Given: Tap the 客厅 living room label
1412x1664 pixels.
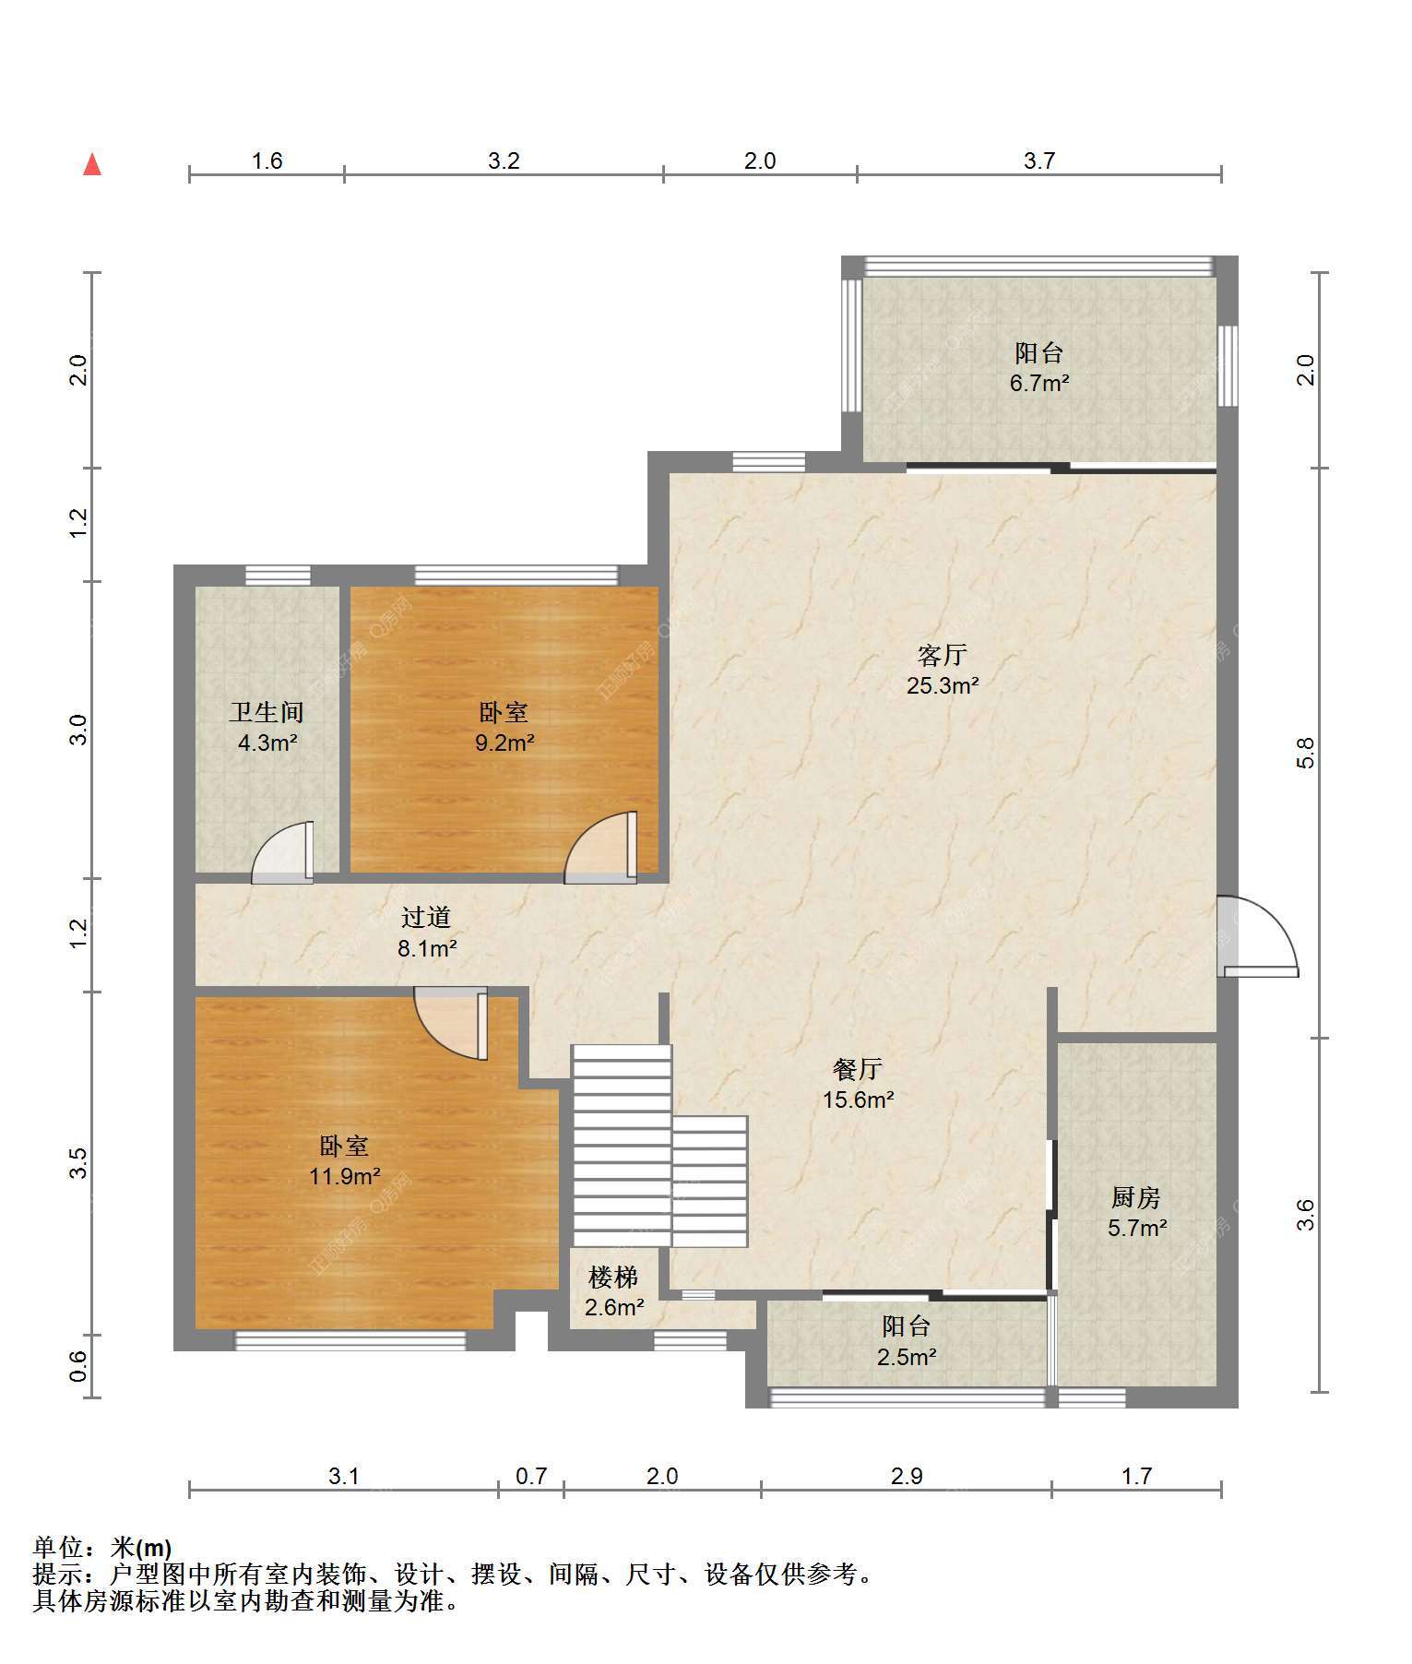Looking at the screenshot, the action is pos(942,656).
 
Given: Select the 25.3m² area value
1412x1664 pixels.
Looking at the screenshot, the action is pos(942,685).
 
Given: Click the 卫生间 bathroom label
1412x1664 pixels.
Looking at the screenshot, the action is pos(267,712).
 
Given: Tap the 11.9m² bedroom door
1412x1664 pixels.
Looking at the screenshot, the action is pos(450,1023).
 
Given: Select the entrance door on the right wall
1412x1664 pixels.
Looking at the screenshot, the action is pos(1257,936).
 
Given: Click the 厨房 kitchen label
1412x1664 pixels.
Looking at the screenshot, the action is pos(1135,1197).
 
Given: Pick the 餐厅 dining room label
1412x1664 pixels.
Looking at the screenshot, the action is pos(858,1069).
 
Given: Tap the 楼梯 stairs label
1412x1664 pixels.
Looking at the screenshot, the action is pos(613,1278).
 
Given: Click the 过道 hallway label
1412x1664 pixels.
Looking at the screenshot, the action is pos(426,917).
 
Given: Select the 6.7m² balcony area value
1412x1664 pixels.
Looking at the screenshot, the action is pos(1039,383).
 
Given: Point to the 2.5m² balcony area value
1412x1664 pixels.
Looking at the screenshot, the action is pos(907,1357).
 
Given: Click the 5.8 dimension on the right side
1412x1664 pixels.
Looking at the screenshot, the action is pos(1305,753).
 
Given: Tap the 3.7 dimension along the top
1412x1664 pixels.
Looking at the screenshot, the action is pos(1038,161).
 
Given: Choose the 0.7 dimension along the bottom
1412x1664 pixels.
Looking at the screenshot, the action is pos(531,1477).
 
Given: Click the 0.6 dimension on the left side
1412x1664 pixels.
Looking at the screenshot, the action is pos(78,1366).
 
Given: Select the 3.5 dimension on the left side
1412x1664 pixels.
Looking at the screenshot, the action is pos(78,1163).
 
